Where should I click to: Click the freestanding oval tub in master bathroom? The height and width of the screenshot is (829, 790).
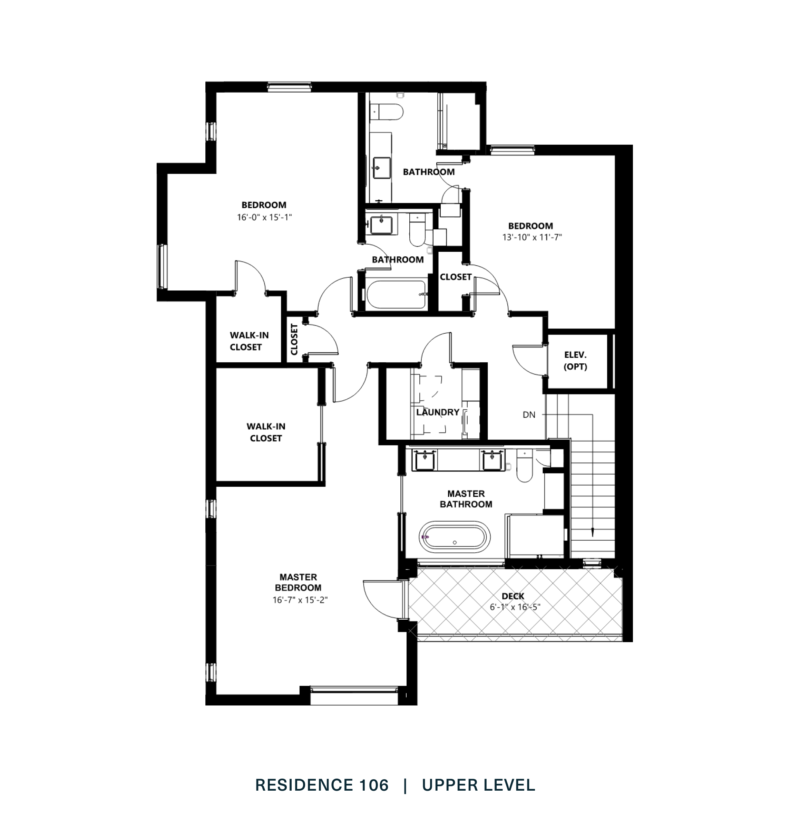[x=456, y=536]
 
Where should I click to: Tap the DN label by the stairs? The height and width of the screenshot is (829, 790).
[x=529, y=415]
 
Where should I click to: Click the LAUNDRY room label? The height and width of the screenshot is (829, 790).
[x=438, y=412]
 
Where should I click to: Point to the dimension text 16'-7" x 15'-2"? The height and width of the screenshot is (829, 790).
[x=300, y=600]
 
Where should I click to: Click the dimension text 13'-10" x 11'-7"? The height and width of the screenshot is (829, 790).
[x=532, y=237]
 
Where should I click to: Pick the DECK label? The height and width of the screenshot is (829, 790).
[x=513, y=596]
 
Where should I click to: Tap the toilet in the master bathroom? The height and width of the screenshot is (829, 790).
[x=525, y=466]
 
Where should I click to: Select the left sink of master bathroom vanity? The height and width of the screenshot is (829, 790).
[x=425, y=460]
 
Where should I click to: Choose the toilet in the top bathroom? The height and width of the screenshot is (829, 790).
[x=390, y=112]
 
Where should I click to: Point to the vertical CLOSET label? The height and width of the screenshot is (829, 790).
[x=294, y=339]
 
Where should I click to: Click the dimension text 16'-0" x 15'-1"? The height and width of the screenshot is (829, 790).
[x=264, y=218]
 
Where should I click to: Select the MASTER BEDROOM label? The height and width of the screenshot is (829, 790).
[x=298, y=582]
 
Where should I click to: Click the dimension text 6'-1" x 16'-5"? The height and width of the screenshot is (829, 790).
[x=515, y=607]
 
